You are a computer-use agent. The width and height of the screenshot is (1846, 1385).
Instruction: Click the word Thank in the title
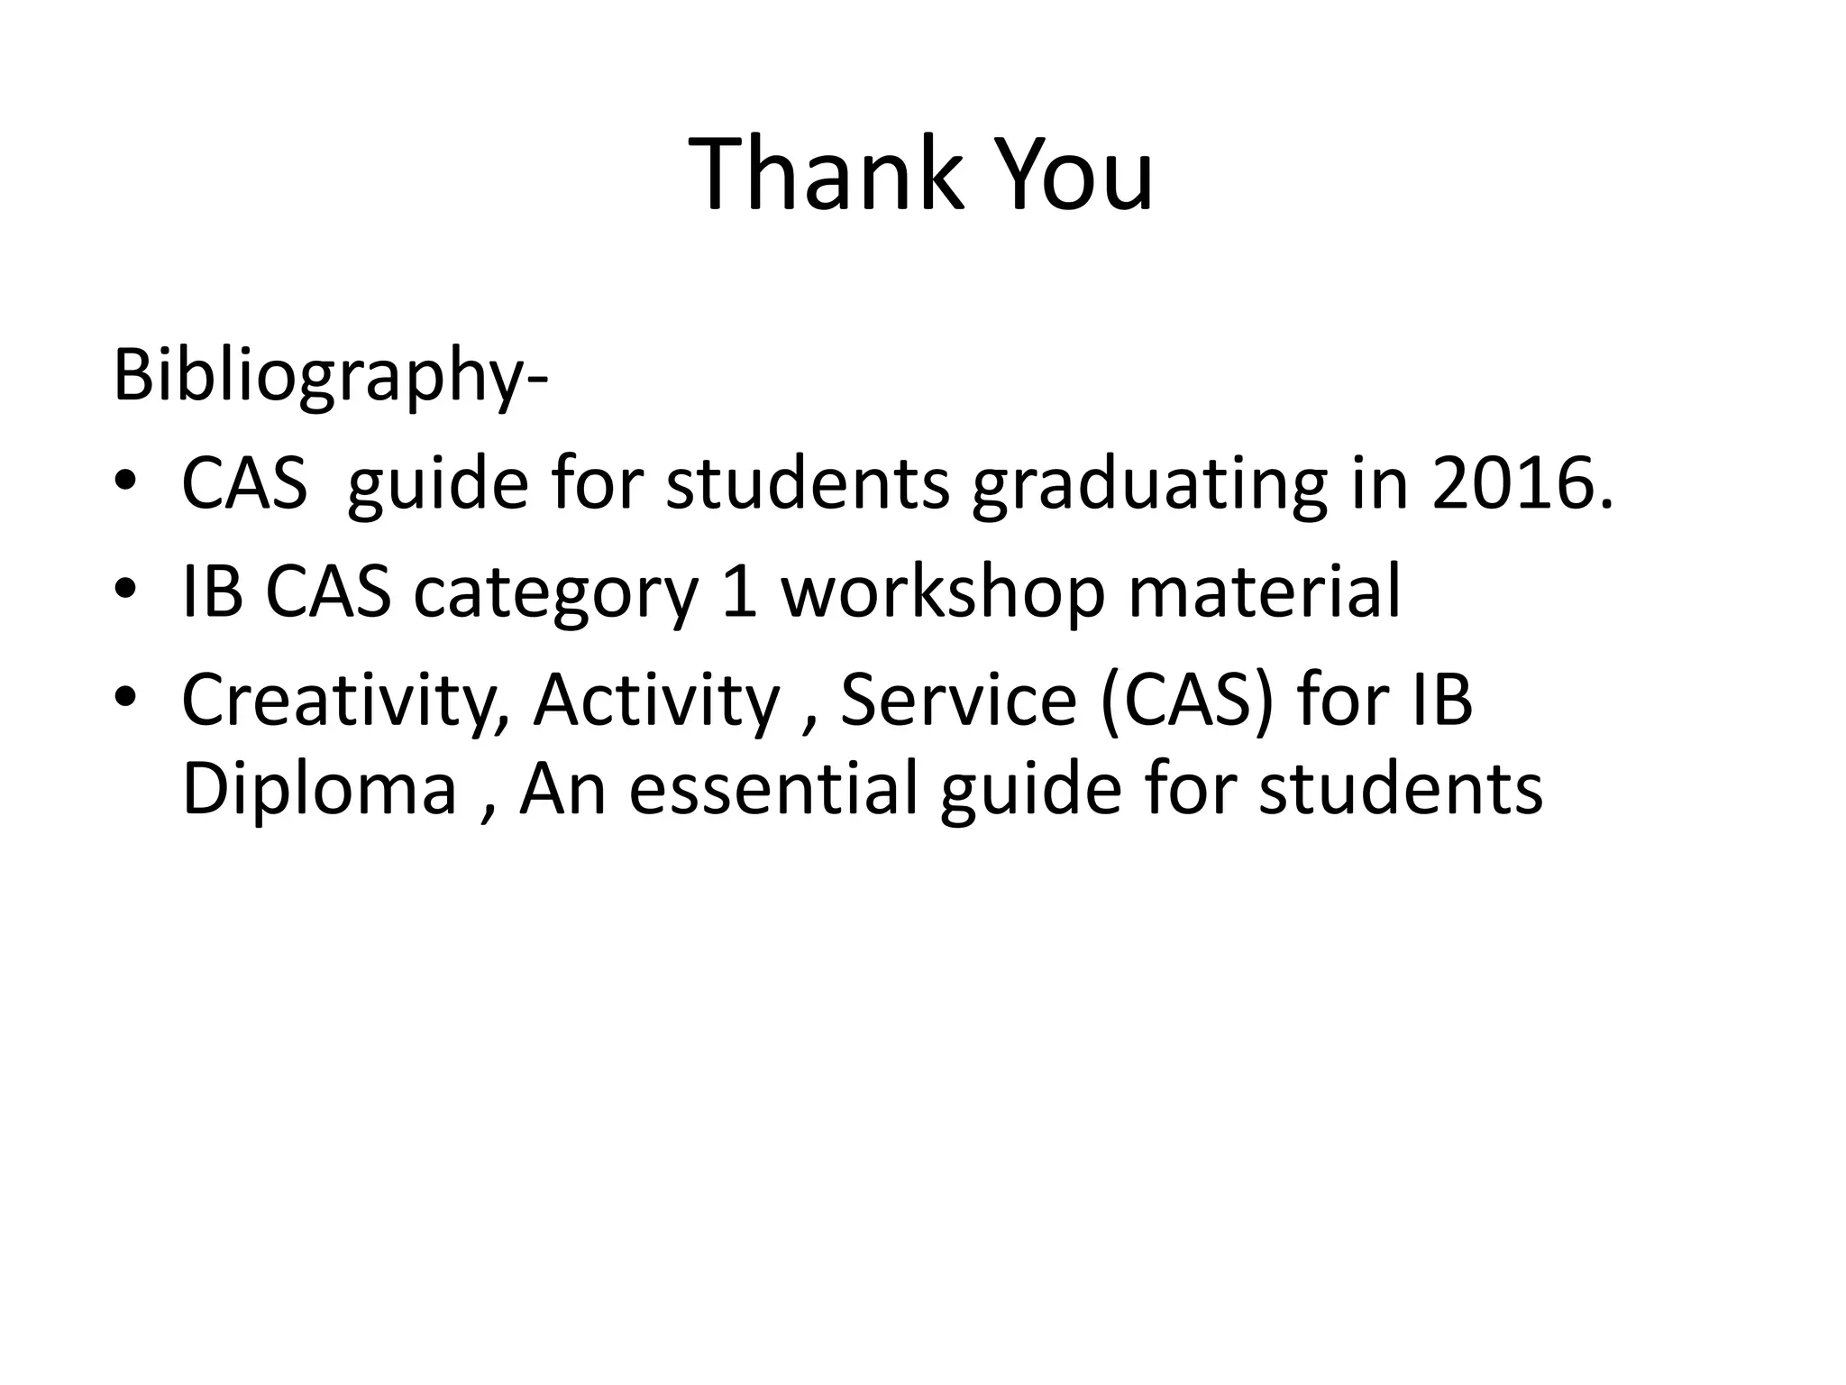pos(825,174)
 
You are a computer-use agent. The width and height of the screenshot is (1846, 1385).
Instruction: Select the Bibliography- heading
pos(330,375)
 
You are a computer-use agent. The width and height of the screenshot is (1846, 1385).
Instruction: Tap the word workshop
pos(942,593)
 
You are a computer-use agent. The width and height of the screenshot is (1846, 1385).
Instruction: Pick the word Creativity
pos(346,701)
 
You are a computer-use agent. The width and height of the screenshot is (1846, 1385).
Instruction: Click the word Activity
pos(656,701)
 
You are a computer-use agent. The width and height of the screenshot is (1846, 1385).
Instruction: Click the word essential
pos(772,789)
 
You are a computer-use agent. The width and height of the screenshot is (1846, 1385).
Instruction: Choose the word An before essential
pos(562,789)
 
